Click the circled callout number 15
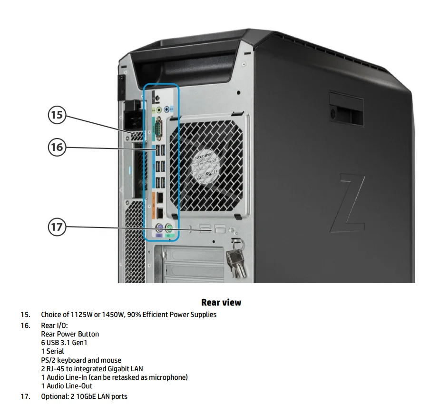[57, 115]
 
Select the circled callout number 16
[57, 147]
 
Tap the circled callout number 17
[57, 227]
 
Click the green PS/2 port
[170, 227]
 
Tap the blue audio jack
[166, 109]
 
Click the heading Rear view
[221, 302]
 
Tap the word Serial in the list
[55, 351]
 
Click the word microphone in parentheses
[166, 377]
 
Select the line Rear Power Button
[70, 334]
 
